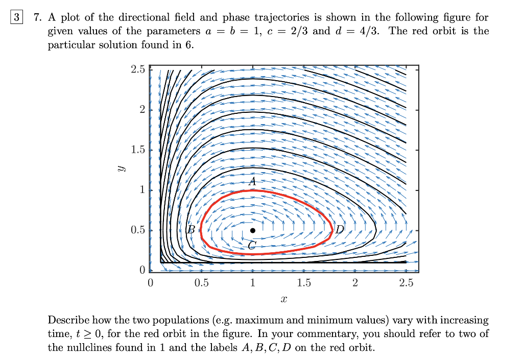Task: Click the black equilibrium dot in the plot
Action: pos(252,230)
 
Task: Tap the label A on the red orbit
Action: pos(252,181)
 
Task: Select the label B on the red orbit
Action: pos(192,230)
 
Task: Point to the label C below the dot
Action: pos(251,246)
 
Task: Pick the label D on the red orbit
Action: pos(340,230)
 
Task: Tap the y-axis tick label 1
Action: pos(142,190)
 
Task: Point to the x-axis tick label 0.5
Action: pos(201,283)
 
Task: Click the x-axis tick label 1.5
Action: pos(303,283)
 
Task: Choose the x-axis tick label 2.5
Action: pos(406,283)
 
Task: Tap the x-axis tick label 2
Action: pos(355,283)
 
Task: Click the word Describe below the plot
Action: pos(68,321)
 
